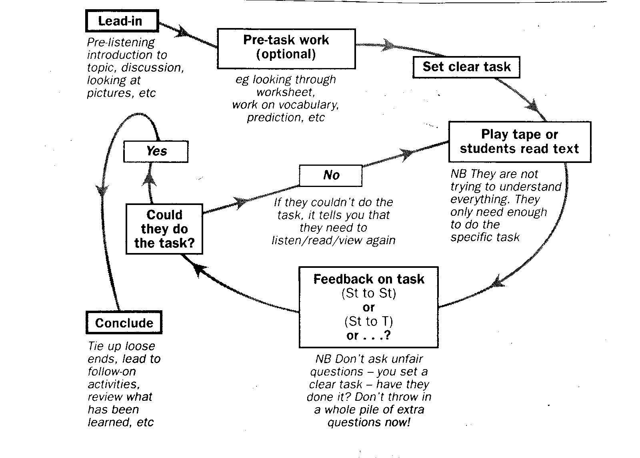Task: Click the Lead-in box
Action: coord(122,21)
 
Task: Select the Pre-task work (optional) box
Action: coord(286,48)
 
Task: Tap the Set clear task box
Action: coord(466,67)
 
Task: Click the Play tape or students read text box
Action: coord(520,142)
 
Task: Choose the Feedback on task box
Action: coord(368,307)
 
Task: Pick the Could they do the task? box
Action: coord(164,229)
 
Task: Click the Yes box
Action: coord(156,151)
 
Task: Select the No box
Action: coord(331,175)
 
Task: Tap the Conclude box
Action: coord(124,322)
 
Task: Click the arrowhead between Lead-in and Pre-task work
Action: coord(182,32)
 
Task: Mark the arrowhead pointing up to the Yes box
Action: coord(149,179)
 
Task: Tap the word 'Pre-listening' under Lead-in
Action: coord(121,42)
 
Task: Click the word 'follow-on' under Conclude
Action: coord(112,372)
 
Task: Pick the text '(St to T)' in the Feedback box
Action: coord(368,321)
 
